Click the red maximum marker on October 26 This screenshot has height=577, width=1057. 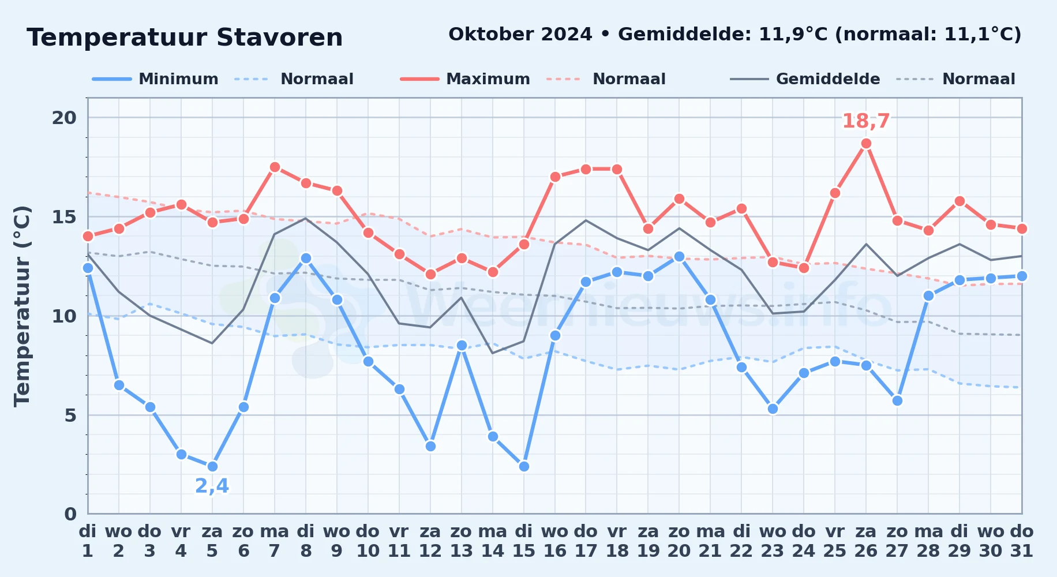[x=866, y=143]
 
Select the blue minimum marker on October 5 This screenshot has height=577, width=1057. [x=212, y=466]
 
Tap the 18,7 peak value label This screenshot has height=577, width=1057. [x=866, y=121]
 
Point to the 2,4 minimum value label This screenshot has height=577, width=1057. [x=212, y=486]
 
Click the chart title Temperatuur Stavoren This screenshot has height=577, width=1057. [x=185, y=38]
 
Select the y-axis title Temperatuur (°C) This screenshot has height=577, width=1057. [x=22, y=306]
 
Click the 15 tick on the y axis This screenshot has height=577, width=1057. [x=64, y=217]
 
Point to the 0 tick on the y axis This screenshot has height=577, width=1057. [x=70, y=514]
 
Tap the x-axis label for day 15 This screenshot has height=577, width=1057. [x=524, y=541]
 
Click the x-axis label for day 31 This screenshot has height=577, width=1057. [x=1022, y=541]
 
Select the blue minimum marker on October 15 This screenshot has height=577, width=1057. [x=524, y=466]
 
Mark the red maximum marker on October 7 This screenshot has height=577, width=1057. [x=275, y=167]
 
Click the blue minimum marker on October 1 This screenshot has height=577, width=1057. [x=88, y=268]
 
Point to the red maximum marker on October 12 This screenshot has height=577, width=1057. [x=430, y=274]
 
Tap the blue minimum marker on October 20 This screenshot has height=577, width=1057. [x=679, y=256]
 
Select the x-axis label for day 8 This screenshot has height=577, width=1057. [x=306, y=541]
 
